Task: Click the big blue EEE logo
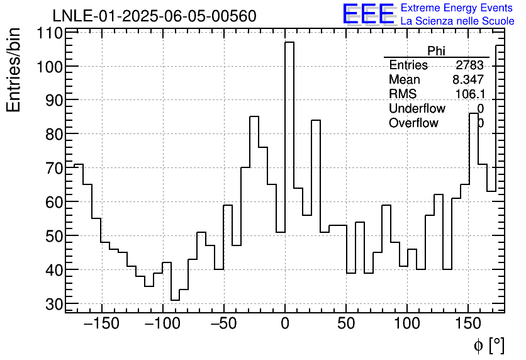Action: coord(368,14)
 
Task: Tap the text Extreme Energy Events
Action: coord(457,8)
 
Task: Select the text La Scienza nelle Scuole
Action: coord(457,21)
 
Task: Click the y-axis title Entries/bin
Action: coord(14,69)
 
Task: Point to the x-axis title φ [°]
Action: coord(488,345)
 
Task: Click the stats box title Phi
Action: coord(436,51)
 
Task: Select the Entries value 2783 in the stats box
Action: coord(469,65)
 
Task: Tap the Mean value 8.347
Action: coord(467,80)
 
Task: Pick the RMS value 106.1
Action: coord(469,94)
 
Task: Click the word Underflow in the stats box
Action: coord(417,109)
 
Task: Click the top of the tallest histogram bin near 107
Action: coord(289,42)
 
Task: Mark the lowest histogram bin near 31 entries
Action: coord(175,300)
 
